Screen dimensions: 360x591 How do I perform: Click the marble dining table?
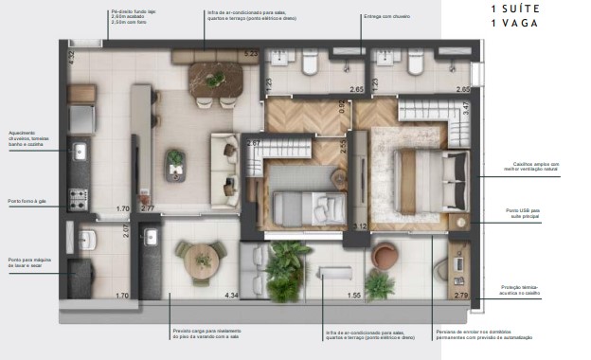(216, 73)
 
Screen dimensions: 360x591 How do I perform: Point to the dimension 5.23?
(251, 54)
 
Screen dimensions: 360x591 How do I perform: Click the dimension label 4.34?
(230, 296)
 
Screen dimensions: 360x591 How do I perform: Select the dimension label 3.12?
(359, 225)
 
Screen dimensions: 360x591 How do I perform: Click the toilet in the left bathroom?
(310, 63)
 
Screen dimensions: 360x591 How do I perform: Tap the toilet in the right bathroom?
(415, 63)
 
